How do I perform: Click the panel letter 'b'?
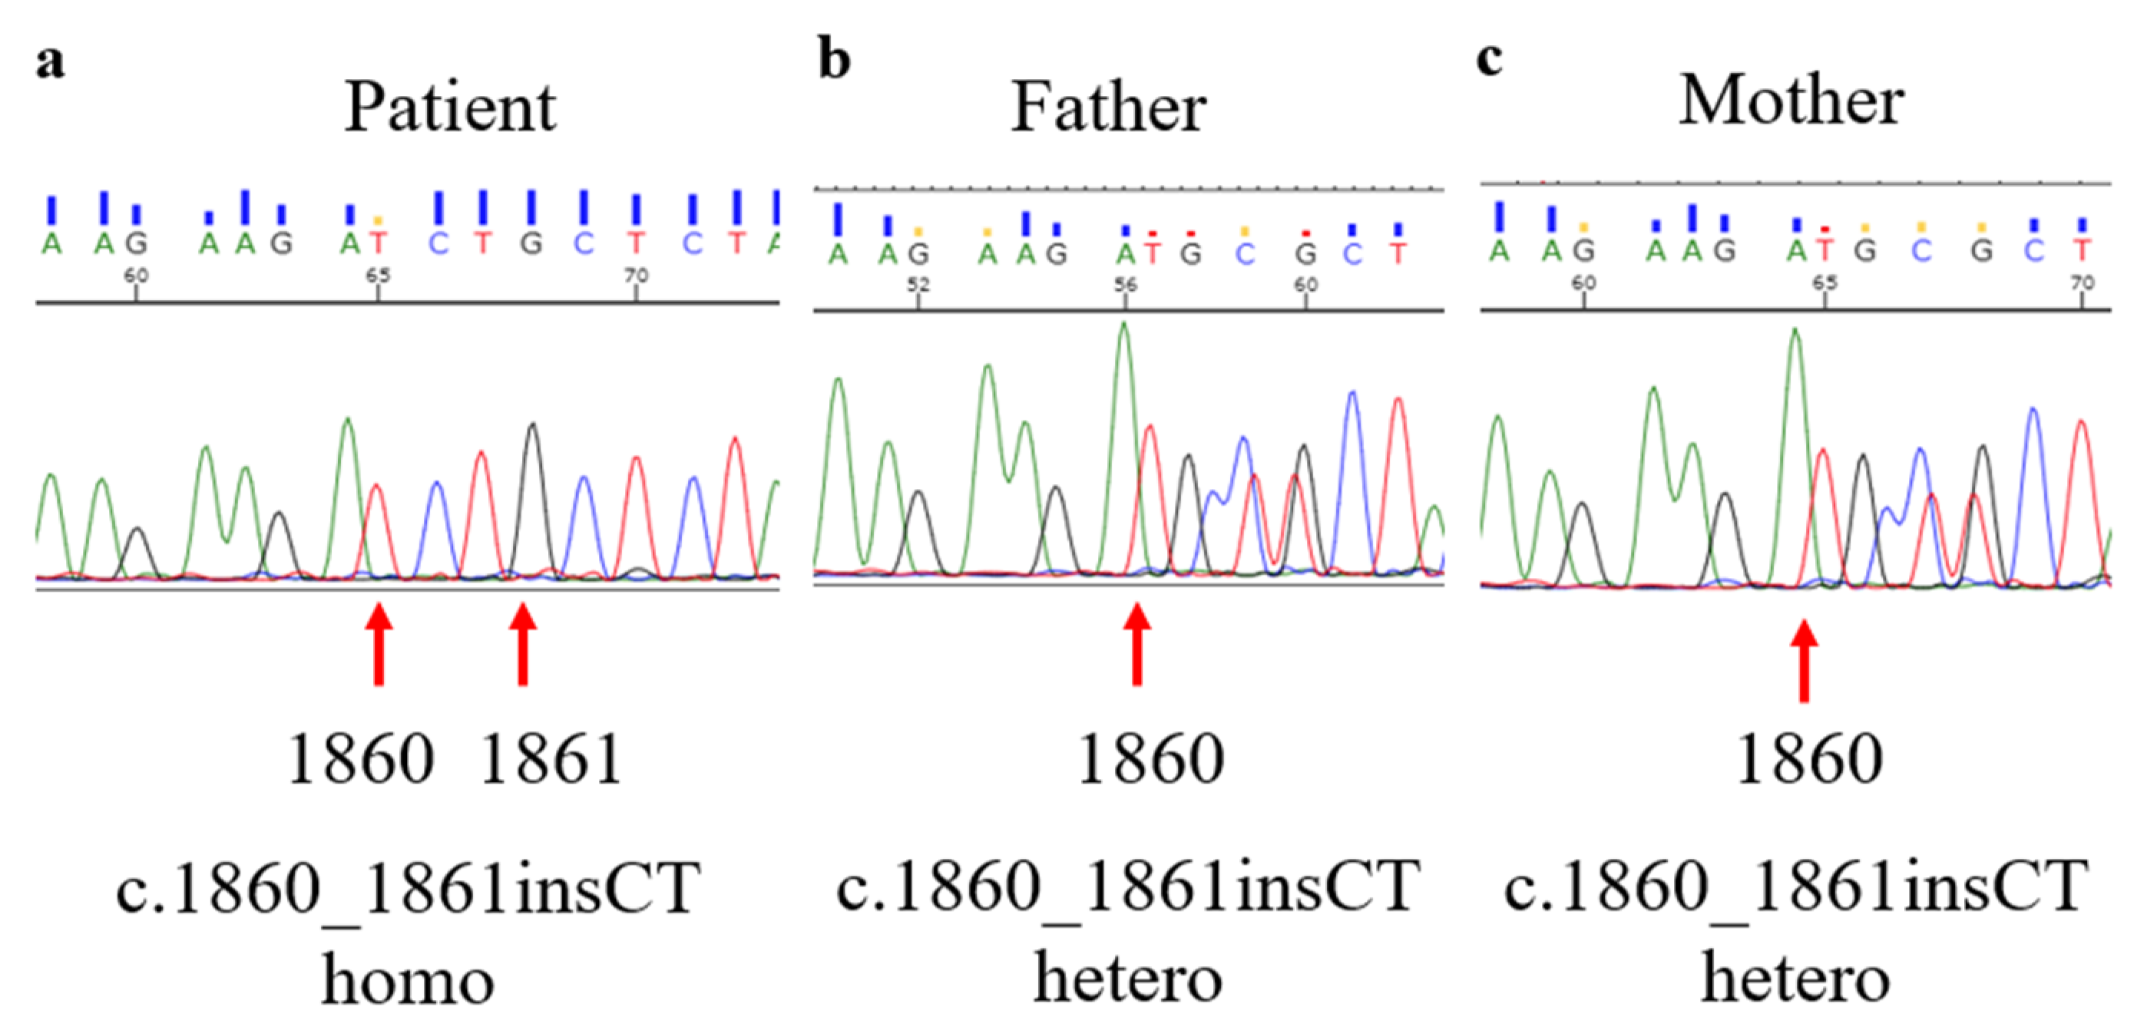click(834, 60)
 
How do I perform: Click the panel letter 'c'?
click(1490, 58)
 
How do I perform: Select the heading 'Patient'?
click(450, 108)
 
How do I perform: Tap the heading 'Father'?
click(1109, 108)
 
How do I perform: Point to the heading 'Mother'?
click(1791, 101)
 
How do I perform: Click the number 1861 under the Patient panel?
click(551, 760)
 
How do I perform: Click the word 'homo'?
click(408, 982)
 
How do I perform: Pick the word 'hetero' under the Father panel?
click(1128, 979)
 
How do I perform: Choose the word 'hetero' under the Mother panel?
click(1795, 979)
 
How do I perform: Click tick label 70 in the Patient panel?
click(636, 275)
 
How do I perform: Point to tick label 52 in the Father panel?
click(918, 285)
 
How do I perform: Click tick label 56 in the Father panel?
click(1125, 285)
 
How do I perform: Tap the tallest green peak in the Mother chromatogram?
click(1795, 333)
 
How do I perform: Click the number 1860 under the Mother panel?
click(1808, 760)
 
